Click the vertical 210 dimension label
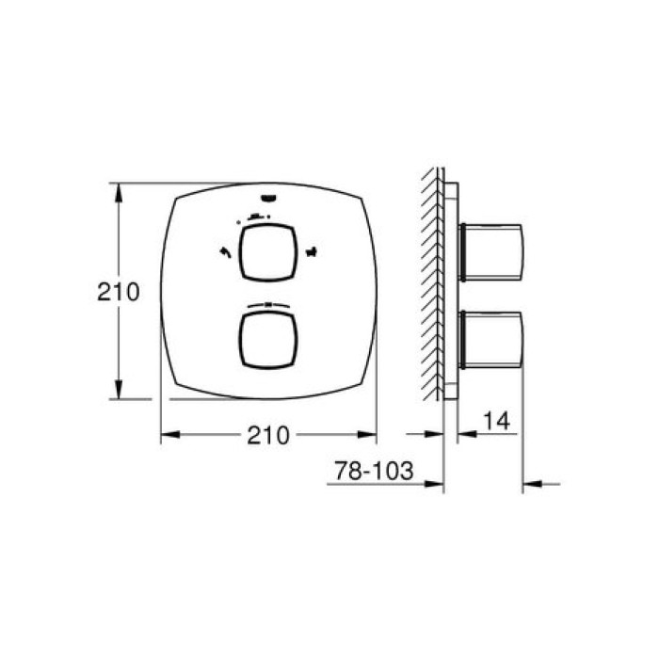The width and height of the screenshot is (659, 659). [118, 292]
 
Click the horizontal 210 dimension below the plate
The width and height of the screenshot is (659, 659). [268, 435]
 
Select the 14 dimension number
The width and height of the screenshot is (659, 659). [496, 420]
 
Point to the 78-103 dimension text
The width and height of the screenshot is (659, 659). [374, 471]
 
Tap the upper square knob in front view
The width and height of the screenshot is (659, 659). [267, 252]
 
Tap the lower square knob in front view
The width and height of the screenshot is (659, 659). [267, 341]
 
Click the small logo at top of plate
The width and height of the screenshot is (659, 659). [267, 198]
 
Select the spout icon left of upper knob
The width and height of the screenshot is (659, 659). [226, 252]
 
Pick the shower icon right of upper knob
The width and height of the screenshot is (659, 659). [312, 252]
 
